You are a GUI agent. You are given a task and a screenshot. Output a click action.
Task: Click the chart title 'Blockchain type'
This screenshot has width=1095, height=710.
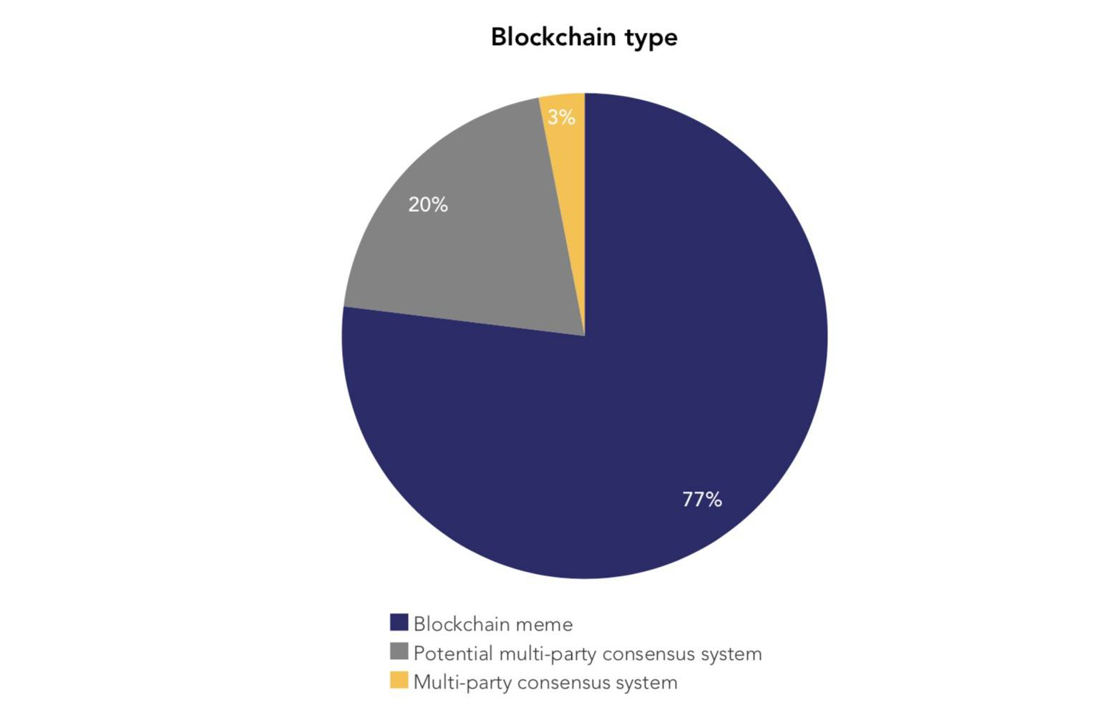[583, 37]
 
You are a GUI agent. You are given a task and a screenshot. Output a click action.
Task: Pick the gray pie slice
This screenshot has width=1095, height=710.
[472, 236]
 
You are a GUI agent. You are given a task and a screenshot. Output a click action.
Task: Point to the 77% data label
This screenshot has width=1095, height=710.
[702, 500]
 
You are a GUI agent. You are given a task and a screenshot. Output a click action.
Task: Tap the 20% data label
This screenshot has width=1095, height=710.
[428, 205]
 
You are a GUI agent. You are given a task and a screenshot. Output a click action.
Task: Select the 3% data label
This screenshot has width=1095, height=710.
[561, 117]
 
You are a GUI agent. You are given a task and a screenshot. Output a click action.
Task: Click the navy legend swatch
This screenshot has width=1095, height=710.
[399, 623]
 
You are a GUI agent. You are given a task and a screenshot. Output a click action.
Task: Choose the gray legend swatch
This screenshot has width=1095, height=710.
[399, 652]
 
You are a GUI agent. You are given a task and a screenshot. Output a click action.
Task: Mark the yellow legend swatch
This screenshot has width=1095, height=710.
[399, 681]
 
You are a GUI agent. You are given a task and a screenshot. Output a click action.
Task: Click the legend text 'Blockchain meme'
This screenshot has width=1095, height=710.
[493, 624]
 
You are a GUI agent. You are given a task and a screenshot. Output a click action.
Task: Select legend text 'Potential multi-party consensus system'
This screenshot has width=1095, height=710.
[588, 653]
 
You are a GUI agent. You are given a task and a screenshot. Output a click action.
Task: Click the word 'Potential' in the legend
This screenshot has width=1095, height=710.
[453, 653]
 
